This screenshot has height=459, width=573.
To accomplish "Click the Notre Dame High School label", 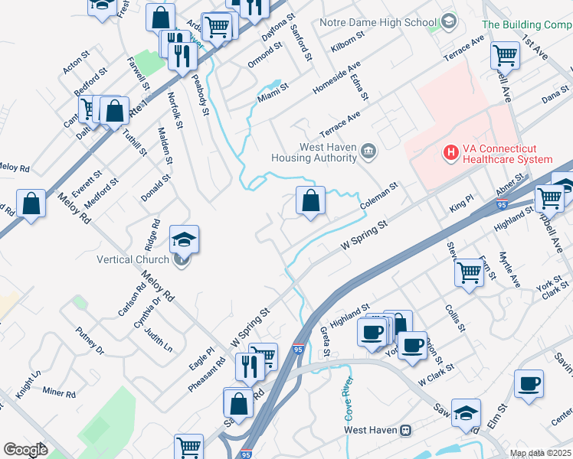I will point(378,22).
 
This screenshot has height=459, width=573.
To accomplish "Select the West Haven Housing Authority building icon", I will point(368,151).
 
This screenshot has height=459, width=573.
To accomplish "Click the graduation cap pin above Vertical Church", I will point(185,239).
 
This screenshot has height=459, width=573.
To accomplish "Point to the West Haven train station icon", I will point(407,430).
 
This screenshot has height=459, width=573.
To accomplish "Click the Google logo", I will point(25,450).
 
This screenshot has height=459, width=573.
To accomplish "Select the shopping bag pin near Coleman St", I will point(310,202).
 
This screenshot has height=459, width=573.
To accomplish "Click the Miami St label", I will point(273,93).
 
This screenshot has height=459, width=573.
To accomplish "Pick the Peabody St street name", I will point(200,95).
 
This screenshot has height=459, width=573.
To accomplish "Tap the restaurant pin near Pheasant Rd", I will point(250,366).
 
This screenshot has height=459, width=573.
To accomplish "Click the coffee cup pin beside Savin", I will point(528,382).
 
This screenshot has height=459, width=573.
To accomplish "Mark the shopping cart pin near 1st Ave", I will point(505,54).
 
